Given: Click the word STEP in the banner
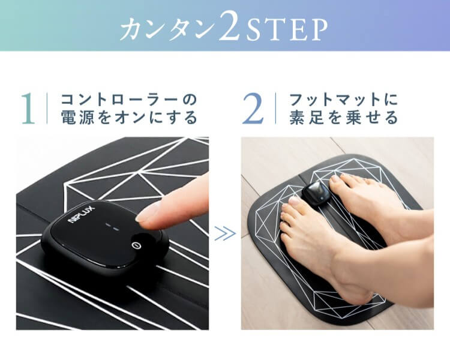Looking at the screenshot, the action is (x=287, y=29).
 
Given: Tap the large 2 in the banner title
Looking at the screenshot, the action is (x=229, y=26).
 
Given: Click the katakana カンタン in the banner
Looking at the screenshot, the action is (x=168, y=29).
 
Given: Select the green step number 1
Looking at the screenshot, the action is (x=29, y=109).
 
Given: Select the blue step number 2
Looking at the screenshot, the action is (x=253, y=109).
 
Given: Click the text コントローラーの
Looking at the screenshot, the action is (x=129, y=100).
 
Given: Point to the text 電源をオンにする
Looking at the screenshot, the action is (x=129, y=117).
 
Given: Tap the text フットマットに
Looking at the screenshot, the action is (x=344, y=100).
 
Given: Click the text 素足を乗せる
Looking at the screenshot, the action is (x=344, y=117).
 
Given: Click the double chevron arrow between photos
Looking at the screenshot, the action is (x=225, y=233).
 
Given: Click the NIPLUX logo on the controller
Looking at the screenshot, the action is (x=80, y=214).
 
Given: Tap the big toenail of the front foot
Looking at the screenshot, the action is (x=293, y=200).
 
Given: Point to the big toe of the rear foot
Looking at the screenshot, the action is (x=337, y=184).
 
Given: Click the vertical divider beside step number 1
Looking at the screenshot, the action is (x=47, y=108).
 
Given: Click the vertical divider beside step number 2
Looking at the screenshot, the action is (x=275, y=108).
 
